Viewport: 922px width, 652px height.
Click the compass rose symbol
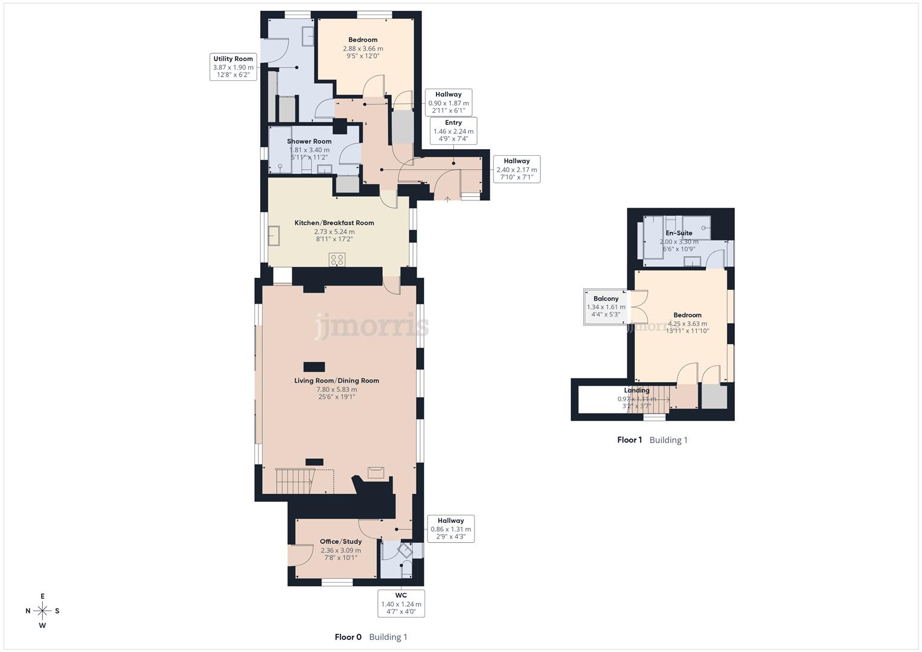click(x=42, y=610)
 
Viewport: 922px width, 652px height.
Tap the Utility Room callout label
click(x=233, y=67)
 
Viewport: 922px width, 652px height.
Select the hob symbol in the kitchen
click(x=337, y=260)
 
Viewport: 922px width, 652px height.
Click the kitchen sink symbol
click(x=275, y=235)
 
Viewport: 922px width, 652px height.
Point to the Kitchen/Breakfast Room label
click(x=334, y=223)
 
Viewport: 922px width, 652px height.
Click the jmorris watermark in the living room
click(x=371, y=327)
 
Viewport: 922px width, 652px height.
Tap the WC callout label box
click(x=401, y=603)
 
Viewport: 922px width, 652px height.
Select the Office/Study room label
click(x=341, y=542)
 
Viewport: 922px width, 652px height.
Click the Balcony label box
click(x=606, y=307)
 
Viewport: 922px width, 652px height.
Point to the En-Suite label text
click(x=679, y=233)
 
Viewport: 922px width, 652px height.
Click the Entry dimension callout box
click(x=453, y=130)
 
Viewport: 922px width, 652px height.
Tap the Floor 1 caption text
click(x=629, y=440)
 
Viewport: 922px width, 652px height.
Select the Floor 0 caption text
click(x=348, y=637)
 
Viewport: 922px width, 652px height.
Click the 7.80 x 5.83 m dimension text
click(x=336, y=389)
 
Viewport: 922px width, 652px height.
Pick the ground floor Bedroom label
click(x=362, y=40)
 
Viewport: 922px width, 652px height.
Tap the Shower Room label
click(x=309, y=141)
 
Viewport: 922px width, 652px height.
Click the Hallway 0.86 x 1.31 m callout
click(x=450, y=529)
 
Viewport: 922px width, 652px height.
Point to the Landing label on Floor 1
click(x=636, y=391)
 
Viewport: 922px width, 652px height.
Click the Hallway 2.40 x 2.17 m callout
click(x=516, y=169)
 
